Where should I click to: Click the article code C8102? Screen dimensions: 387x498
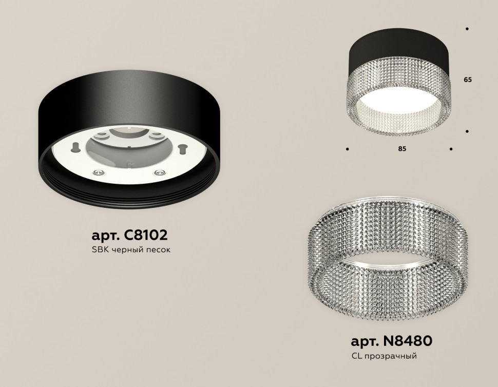pos(146,236)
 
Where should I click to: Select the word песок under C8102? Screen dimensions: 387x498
pos(158,250)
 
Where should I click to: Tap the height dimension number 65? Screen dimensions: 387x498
pos(467,80)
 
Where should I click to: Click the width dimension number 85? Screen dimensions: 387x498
pos(402,149)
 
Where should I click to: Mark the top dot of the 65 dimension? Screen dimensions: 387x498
pos(467,29)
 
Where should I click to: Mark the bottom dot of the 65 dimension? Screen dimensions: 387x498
pos(467,131)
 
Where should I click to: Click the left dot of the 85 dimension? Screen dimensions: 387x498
pos(348,149)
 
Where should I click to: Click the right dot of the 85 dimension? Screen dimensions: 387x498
pos(451,149)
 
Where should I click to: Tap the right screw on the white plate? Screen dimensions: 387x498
pos(159,173)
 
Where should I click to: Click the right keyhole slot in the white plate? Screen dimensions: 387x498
pos(181,149)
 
